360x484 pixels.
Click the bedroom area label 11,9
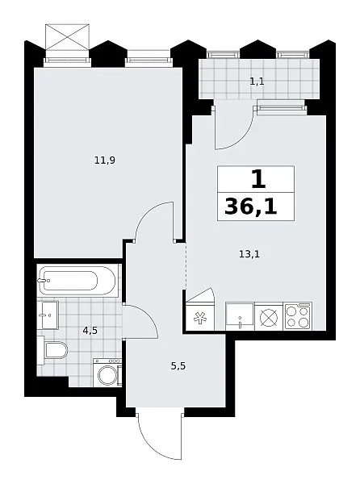point(105,161)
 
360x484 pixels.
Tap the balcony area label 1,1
point(257,81)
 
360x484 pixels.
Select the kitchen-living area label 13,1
point(249,254)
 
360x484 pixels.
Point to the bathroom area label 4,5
point(90,331)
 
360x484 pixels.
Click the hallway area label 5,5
point(178,366)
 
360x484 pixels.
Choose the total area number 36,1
point(251,207)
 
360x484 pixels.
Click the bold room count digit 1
point(258,179)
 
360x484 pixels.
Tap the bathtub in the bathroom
point(77,280)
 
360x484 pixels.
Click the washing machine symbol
point(107,373)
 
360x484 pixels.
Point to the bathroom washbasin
point(48,315)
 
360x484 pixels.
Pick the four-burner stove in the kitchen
point(298,316)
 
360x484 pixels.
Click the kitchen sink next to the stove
point(240,316)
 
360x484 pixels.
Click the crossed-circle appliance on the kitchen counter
point(269,317)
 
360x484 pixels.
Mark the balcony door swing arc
point(242,137)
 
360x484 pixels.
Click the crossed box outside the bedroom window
point(67,37)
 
